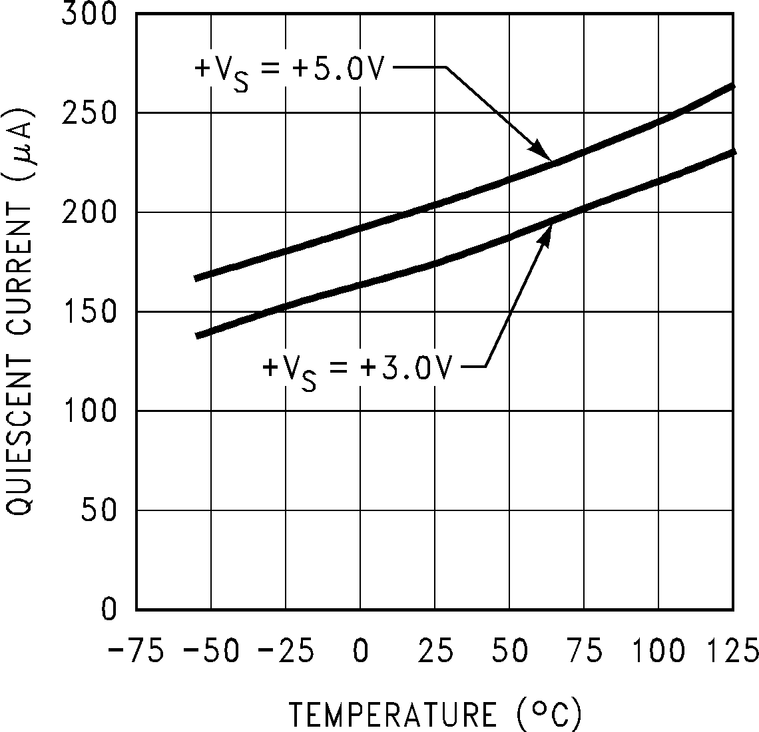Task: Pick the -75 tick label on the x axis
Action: coord(136,649)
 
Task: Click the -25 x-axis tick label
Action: coord(286,649)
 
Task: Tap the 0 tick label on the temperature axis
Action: coord(360,649)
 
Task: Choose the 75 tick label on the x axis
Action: coord(584,649)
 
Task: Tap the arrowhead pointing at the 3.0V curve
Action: coord(547,234)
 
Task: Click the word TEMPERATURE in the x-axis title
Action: coord(393,715)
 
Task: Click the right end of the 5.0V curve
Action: coord(732,87)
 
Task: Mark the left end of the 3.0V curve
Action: coord(197,336)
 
